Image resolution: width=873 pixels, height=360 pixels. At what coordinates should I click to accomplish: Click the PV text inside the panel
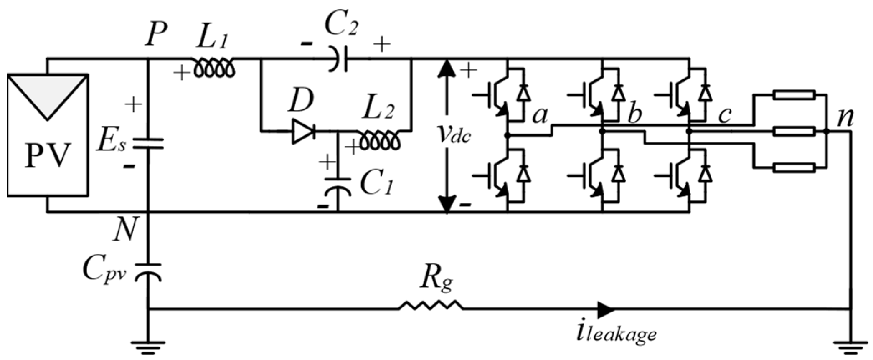[x=47, y=155]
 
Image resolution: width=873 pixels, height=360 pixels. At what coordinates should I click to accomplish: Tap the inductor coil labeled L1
[x=214, y=68]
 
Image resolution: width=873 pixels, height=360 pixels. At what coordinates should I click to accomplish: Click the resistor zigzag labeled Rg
[x=431, y=309]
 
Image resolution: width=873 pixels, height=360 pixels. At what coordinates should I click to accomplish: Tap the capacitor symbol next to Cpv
[x=149, y=271]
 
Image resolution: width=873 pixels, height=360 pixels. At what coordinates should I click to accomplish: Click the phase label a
[x=540, y=115]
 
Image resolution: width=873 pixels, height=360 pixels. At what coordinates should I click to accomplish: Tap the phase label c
[x=725, y=115]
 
